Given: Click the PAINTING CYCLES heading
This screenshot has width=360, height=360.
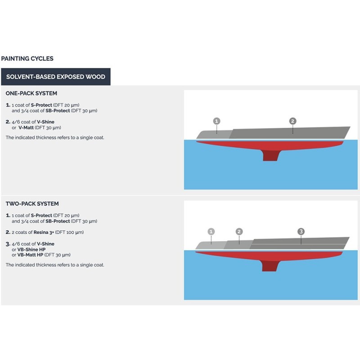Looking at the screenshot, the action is click(x=27, y=58).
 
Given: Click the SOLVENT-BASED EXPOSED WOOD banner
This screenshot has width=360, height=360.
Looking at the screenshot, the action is click(x=56, y=76).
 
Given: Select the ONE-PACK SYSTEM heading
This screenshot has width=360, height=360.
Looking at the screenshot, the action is click(x=31, y=94).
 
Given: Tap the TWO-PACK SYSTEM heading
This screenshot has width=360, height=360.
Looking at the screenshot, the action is click(x=32, y=204).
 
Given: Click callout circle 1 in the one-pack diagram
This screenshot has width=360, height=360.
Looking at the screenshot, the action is click(x=217, y=121).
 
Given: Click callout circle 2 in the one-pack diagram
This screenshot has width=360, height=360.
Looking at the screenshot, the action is click(x=292, y=121).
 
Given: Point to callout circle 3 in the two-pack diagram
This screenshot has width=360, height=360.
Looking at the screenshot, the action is click(x=301, y=231).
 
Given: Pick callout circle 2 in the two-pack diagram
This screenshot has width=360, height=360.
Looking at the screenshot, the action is click(x=239, y=231).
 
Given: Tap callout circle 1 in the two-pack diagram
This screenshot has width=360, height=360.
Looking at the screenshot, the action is click(x=211, y=231).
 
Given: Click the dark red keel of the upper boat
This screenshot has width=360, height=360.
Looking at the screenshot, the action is click(x=270, y=156).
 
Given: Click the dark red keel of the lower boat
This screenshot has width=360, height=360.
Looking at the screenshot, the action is click(x=270, y=266).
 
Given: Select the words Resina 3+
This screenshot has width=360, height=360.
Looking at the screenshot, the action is click(x=44, y=232).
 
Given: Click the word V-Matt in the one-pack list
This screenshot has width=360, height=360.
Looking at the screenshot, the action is click(x=26, y=128).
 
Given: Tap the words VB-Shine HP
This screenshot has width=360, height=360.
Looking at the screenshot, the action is click(x=31, y=250).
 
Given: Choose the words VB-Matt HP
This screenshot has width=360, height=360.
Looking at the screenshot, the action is click(x=30, y=255).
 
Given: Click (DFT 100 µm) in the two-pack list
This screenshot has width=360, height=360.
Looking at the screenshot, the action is click(x=69, y=232).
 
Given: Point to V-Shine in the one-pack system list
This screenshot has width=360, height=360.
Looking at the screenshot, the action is click(x=46, y=122).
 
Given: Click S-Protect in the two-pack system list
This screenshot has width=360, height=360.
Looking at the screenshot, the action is click(x=41, y=216).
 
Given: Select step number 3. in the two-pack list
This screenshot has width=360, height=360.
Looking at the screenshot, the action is click(x=8, y=244).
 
